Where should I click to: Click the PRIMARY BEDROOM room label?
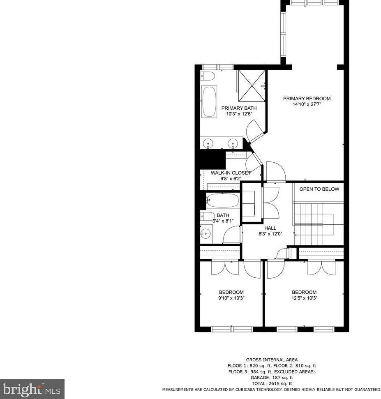307,99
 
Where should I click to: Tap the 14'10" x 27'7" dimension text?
307,104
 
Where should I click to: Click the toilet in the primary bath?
207,76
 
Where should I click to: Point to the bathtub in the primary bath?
209,102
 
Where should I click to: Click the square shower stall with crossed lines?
252,85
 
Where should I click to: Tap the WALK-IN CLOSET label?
231,173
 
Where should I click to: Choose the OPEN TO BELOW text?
319,189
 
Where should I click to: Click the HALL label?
270,228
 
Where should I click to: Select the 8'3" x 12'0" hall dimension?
270,234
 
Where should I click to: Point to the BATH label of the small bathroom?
223,215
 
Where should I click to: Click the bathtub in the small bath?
222,201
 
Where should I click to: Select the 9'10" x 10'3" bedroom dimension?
231,298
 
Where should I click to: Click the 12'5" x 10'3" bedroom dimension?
304,298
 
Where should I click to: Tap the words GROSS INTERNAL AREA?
272,360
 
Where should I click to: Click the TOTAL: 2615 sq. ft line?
272,383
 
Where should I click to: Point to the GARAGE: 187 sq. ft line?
272,377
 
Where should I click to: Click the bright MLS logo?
32,389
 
